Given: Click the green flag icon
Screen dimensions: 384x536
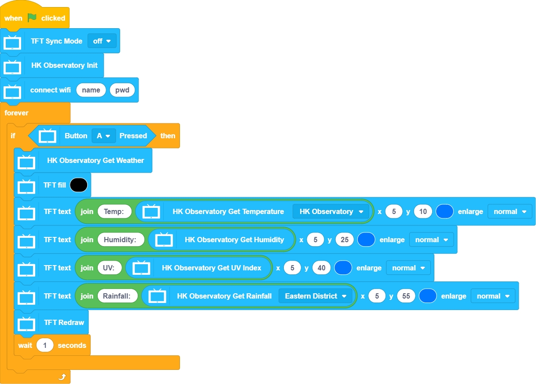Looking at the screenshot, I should (x=32, y=18).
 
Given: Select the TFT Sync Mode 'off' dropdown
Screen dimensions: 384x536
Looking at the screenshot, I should (x=102, y=41).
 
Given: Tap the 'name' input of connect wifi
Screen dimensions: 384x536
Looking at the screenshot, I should (x=91, y=90).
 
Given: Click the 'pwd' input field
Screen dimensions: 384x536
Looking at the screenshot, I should (x=122, y=90).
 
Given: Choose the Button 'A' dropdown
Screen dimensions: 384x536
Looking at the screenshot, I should (x=103, y=136).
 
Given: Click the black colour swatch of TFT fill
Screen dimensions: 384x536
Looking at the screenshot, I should (x=78, y=185).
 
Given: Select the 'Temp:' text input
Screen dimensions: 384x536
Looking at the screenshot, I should (x=114, y=211).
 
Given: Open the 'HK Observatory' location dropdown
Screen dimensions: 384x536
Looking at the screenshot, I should (x=330, y=211).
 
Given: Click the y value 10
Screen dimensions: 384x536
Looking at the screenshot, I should (x=423, y=211).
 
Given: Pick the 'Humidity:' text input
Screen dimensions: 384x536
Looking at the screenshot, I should (x=121, y=240).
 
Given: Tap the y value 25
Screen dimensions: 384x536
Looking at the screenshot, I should (x=345, y=240).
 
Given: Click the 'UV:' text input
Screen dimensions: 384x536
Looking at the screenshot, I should (x=109, y=268).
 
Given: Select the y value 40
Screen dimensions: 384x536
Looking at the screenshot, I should (x=321, y=268).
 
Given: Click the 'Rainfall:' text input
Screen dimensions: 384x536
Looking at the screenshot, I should (x=117, y=296).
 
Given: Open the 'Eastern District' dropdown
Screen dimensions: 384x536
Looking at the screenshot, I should (x=316, y=296).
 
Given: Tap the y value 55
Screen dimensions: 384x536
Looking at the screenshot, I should (x=406, y=296).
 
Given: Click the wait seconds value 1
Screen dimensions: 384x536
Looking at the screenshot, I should (x=45, y=345).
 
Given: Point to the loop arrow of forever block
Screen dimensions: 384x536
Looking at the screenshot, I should (x=62, y=377).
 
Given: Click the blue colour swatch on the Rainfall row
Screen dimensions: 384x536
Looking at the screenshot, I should (x=427, y=296).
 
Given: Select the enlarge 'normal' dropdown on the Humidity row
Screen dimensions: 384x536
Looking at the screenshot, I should (x=431, y=240).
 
